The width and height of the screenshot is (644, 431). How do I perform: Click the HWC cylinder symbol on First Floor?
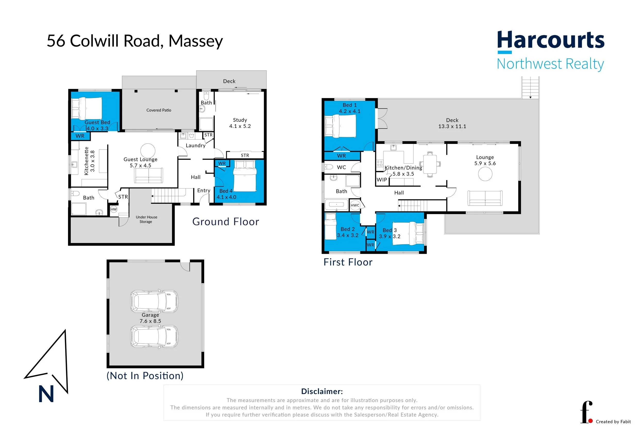355,205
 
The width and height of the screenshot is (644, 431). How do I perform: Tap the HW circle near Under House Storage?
114,209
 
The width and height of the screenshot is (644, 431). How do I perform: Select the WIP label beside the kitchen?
382,180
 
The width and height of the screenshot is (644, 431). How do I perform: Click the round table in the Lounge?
485,174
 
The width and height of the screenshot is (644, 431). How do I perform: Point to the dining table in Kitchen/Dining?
430,164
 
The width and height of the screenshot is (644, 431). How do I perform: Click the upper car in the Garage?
154,301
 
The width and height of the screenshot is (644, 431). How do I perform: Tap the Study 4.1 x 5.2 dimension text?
240,126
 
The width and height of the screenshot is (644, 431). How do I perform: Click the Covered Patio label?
159,110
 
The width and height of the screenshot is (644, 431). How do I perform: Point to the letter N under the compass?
46,394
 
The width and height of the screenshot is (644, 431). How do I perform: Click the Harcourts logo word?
551,40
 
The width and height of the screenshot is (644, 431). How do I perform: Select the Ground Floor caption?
225,222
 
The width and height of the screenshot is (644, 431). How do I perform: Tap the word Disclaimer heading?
322,392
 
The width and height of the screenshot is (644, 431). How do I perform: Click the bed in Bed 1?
341,126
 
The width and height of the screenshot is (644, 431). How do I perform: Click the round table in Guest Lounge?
148,151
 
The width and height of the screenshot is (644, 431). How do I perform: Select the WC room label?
341,167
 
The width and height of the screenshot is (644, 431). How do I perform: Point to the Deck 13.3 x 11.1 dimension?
452,126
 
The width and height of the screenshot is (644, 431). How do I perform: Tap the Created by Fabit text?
613,422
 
